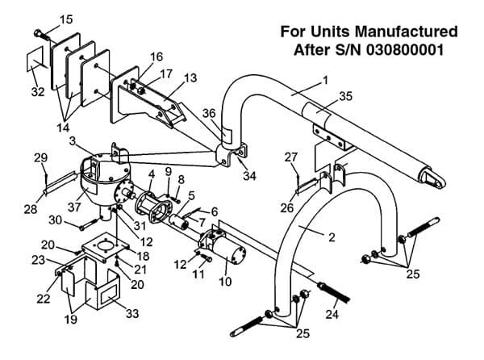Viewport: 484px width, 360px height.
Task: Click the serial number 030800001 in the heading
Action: coord(405,50)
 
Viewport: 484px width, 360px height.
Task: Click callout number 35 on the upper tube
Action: coord(345,96)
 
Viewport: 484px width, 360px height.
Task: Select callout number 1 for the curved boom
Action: coord(325,81)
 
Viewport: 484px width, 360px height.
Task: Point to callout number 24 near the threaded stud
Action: coord(332,314)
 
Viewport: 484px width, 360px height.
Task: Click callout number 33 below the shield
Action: coord(132,314)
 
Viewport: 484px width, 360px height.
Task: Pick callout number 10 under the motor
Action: coord(225,282)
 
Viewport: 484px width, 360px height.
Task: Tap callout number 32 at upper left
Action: coord(38,92)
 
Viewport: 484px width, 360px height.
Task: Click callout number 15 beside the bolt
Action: coord(66,19)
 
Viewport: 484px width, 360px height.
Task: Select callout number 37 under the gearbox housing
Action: coord(74,207)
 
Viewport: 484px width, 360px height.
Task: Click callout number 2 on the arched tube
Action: coord(332,237)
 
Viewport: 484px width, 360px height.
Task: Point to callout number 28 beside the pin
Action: coord(31,210)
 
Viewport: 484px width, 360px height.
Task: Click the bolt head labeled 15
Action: coord(38,32)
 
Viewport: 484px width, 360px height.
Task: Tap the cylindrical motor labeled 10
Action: coord(229,251)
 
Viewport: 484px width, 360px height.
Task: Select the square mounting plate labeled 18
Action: coord(106,247)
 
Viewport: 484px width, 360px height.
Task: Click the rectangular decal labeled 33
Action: coord(107,292)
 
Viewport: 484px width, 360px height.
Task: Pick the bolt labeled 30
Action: coord(89,224)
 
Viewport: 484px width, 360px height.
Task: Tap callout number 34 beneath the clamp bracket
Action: coord(249,176)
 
